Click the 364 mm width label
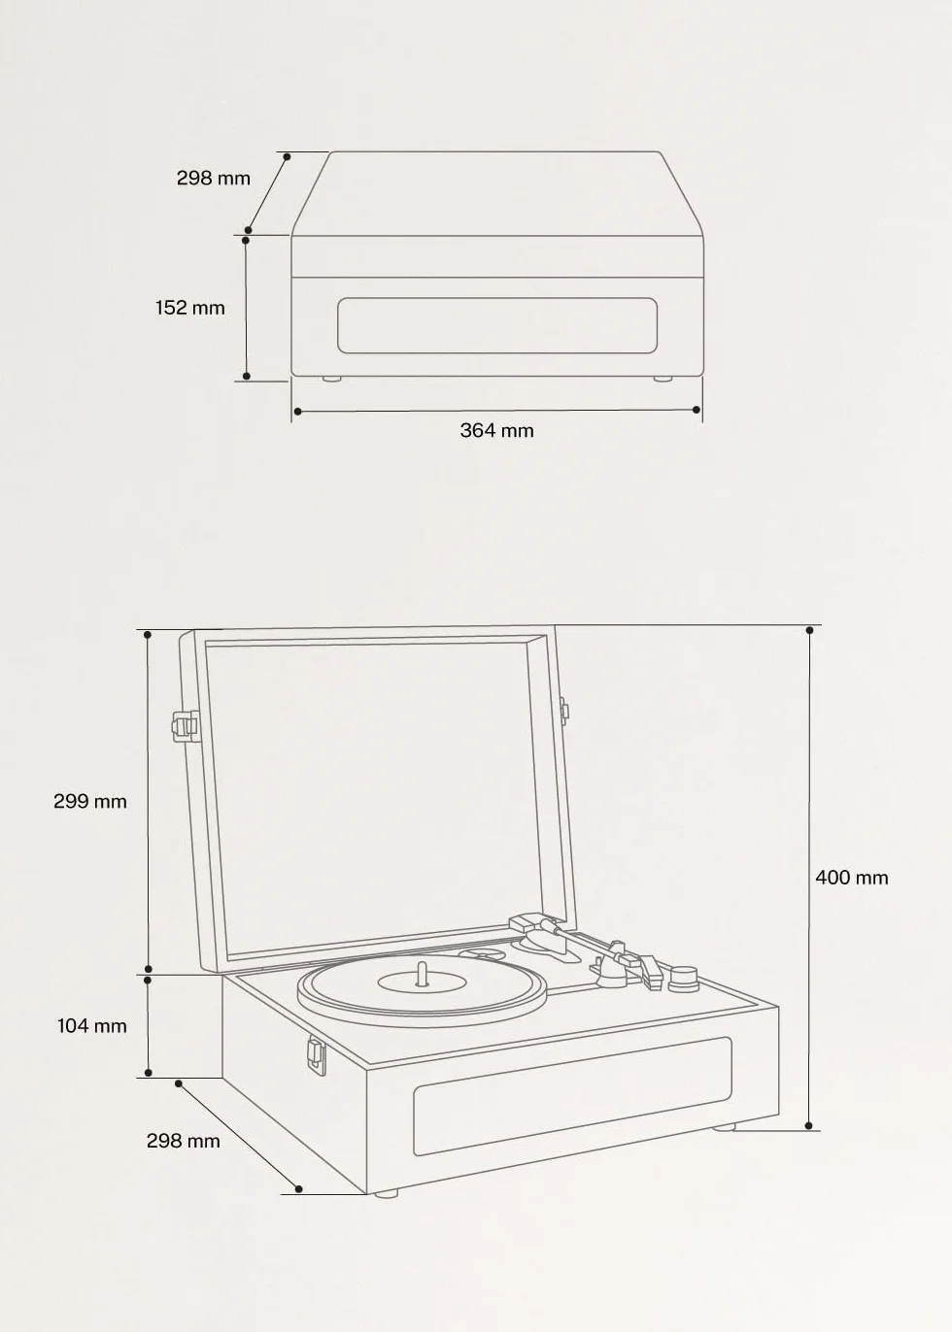tap(496, 430)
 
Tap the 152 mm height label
tap(190, 308)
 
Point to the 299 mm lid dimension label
tap(90, 801)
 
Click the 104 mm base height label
tap(92, 1026)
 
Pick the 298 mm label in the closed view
tap(214, 178)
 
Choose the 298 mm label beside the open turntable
tap(184, 1141)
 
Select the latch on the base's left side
tap(317, 1056)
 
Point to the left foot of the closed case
tap(332, 379)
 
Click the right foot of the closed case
tap(663, 379)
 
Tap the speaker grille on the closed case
tap(497, 325)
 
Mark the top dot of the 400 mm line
tap(809, 630)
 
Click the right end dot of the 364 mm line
tap(697, 409)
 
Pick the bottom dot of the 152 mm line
tap(247, 376)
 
